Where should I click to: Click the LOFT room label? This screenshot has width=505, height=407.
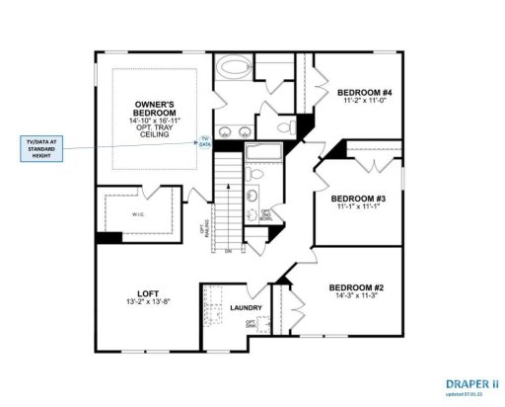click(x=149, y=292)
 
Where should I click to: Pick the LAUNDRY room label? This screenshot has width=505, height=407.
click(x=245, y=308)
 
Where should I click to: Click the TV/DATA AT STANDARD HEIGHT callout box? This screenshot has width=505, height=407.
click(x=40, y=149)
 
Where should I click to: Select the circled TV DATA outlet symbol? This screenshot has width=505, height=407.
click(x=205, y=141)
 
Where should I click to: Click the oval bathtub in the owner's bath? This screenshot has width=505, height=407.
click(x=234, y=70)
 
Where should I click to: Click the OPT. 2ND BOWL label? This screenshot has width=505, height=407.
click(x=264, y=214)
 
